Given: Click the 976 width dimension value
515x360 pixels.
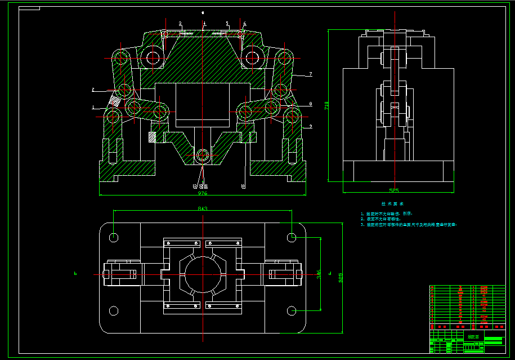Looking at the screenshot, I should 203,193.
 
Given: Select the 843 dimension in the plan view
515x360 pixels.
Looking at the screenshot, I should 203,208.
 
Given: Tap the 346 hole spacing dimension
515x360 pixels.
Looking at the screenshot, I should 319,274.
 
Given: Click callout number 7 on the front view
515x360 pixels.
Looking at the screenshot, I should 310,74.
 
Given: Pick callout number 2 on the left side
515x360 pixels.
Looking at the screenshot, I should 93,89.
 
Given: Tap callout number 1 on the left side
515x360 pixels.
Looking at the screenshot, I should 93,106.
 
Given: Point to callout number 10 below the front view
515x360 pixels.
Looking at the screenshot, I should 243,185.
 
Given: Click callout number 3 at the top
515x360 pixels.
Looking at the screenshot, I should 180,24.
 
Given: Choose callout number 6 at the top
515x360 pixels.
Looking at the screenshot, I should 244,24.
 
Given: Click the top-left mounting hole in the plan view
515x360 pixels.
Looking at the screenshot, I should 114,238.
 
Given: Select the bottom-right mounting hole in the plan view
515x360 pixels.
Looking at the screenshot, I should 292,310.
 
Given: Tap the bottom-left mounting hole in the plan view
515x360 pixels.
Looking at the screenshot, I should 114,310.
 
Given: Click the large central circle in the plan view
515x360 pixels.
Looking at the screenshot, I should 203,274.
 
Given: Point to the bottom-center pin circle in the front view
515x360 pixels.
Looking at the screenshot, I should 203,154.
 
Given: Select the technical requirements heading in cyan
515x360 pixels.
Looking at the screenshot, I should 392,203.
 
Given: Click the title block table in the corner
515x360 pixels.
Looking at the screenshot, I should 467,319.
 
